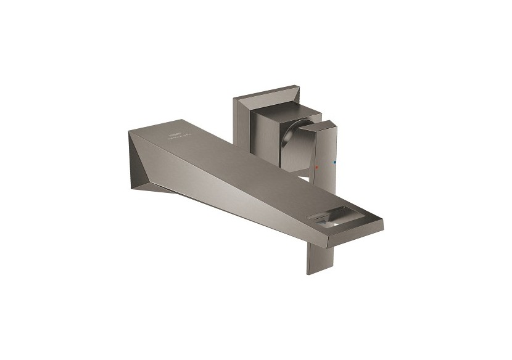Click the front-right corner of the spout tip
click(382, 219)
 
